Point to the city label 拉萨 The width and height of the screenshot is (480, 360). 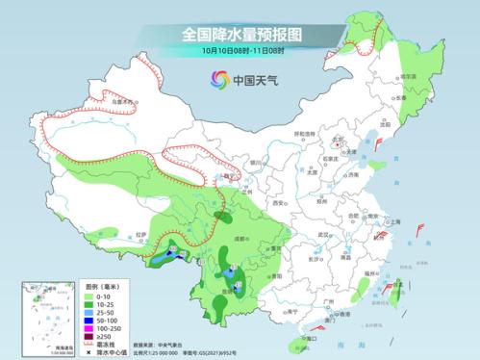141,234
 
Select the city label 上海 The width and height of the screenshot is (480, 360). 392,221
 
